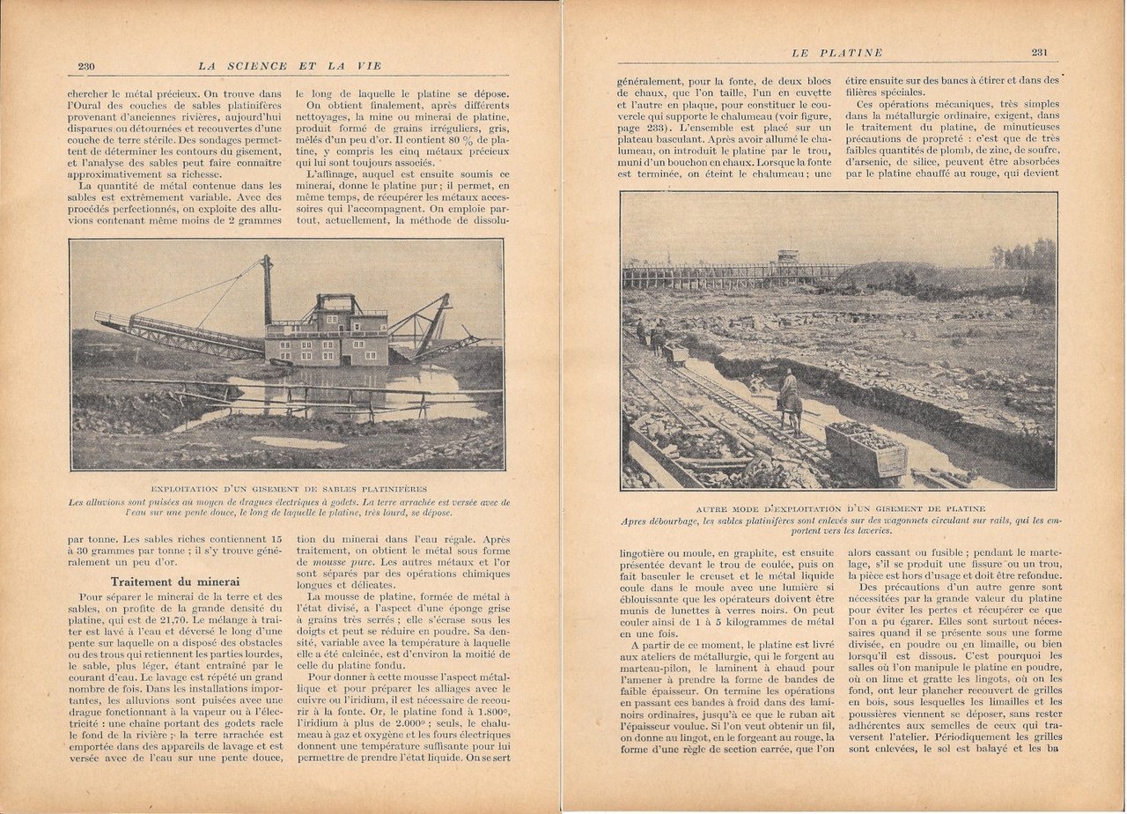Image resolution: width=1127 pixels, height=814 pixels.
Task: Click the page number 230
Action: coord(86,65)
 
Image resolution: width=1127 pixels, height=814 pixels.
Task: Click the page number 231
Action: coord(1039,52)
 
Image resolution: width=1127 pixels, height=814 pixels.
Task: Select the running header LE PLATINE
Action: coord(839,53)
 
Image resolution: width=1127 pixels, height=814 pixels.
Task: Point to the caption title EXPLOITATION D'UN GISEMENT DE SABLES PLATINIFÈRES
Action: coord(287,488)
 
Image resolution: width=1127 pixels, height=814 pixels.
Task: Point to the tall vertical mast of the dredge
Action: coord(267,291)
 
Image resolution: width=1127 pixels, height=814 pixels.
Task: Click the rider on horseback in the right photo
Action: coord(789,399)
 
